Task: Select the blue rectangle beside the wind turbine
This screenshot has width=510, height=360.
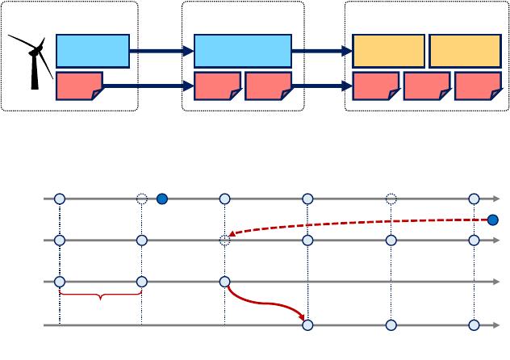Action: [x=93, y=51]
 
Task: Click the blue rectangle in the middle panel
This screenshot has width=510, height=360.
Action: [x=243, y=51]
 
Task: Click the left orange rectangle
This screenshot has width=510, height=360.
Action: [x=389, y=51]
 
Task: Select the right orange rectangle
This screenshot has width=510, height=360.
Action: [x=465, y=51]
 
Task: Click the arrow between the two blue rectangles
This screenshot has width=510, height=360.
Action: [x=161, y=51]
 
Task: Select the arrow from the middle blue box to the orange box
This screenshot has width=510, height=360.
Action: [x=322, y=51]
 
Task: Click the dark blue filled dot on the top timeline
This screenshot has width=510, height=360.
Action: [x=162, y=199]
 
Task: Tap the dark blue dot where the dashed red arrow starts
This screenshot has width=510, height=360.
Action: [x=493, y=220]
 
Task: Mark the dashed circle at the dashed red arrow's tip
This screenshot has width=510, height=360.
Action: [x=225, y=240]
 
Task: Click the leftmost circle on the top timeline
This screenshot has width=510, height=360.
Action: [x=59, y=199]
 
